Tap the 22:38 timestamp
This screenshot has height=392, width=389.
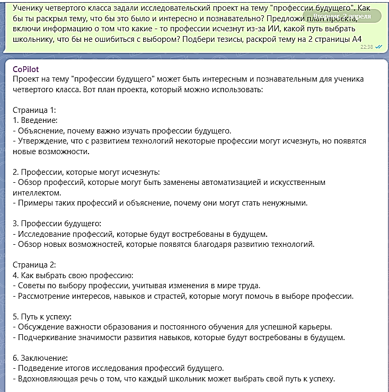tap(367, 47)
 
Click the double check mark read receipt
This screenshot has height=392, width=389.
tap(378, 47)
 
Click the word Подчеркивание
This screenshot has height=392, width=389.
tap(46, 337)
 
